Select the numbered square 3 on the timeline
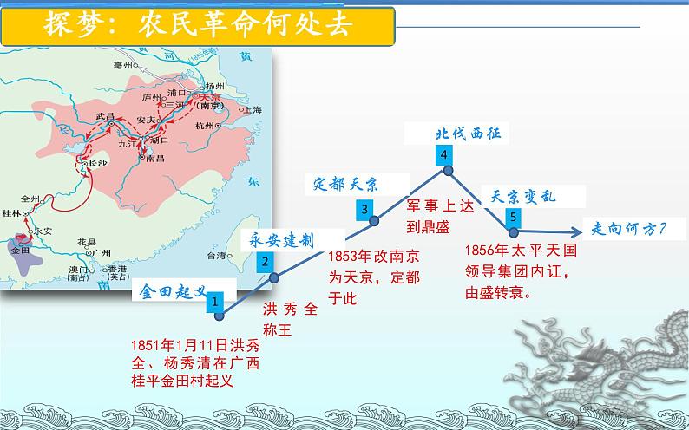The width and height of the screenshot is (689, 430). [364, 209]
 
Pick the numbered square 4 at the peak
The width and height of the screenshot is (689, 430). [444, 154]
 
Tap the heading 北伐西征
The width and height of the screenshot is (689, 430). [468, 133]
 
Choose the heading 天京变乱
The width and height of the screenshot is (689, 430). [524, 196]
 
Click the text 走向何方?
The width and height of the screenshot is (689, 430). [628, 229]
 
